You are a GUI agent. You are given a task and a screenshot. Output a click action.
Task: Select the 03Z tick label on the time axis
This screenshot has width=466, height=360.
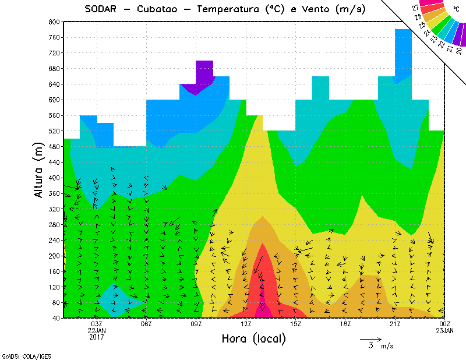97,324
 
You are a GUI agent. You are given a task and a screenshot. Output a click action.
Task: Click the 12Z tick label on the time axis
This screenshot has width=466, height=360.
246,324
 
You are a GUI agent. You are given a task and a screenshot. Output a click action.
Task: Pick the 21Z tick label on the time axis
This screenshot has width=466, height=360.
396,324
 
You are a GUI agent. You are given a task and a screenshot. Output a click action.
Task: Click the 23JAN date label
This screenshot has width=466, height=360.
445,331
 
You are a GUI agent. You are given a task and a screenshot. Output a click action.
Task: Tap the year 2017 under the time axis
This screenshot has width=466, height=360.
97,338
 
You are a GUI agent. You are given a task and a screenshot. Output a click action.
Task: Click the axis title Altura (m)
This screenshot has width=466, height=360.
40,170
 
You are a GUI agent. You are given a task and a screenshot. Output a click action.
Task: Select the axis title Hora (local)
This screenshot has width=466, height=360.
253,338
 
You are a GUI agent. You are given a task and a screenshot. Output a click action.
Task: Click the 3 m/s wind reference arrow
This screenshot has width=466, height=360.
370,338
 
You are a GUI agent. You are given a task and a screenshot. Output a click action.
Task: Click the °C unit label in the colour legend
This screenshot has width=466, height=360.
456,9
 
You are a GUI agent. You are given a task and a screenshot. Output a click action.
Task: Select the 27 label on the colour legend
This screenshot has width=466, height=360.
416,8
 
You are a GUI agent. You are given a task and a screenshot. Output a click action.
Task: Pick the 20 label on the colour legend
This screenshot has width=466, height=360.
459,51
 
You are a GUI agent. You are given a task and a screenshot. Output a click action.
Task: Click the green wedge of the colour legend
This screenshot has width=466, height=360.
440,27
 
